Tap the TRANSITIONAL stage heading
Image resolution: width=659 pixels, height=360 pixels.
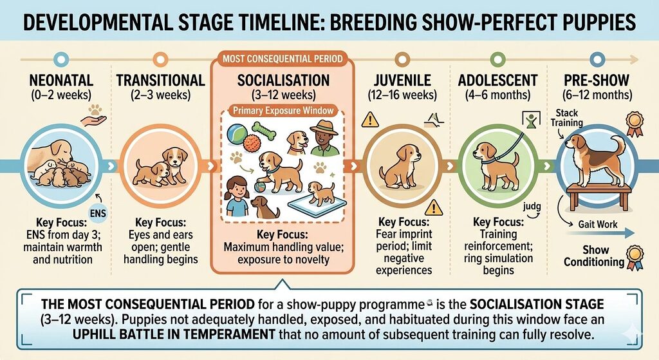tap(160, 81)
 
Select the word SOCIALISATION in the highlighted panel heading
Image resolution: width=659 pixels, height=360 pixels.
tap(283, 81)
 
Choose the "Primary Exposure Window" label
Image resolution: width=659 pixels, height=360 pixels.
tap(284, 110)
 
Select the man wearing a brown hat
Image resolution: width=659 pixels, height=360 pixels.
tap(325, 137)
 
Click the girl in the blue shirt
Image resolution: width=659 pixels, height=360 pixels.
tap(237, 194)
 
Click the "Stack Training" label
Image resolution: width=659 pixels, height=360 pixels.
tap(567, 118)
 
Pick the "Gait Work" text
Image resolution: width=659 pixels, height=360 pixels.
tap(597, 224)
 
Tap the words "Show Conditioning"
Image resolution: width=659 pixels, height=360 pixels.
tap(593, 256)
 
